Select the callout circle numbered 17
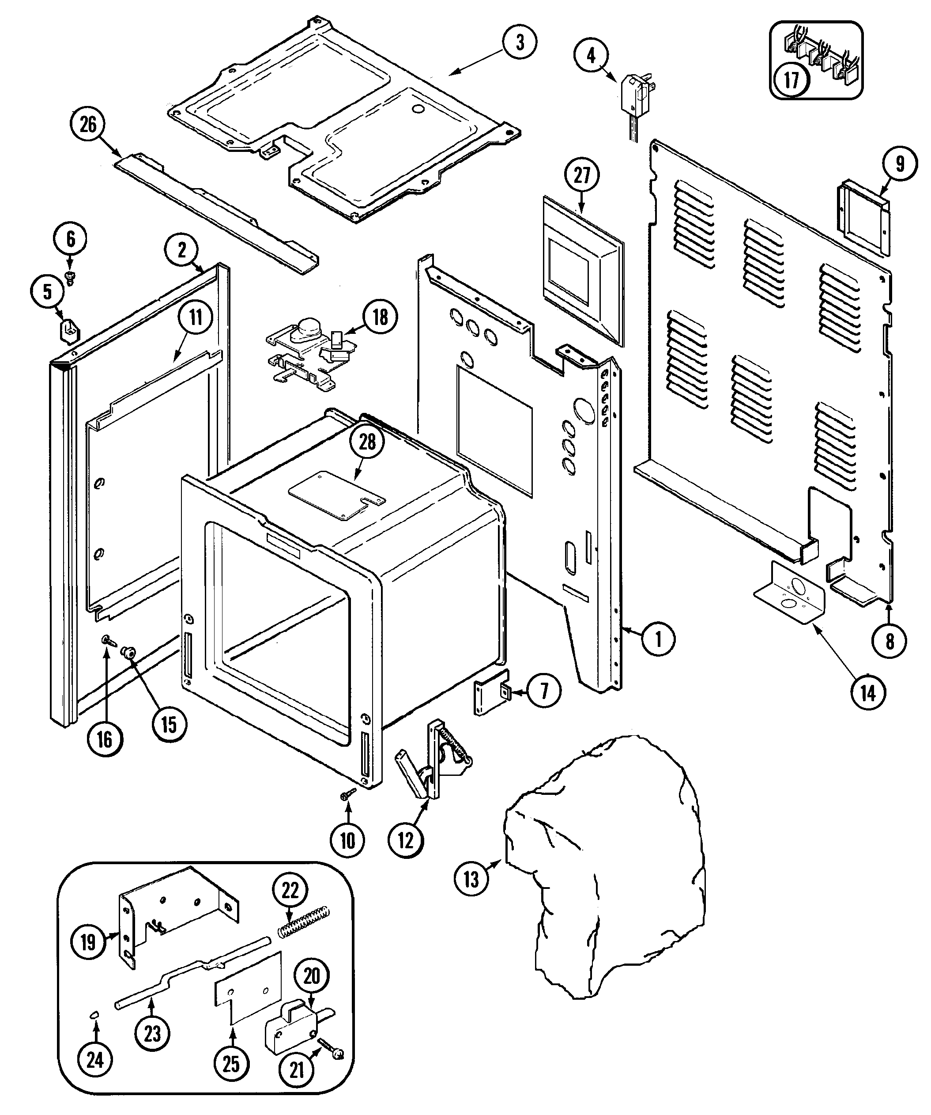pos(791,81)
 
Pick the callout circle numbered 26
pos(88,125)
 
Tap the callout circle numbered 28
pos(367,442)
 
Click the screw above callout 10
pos(348,808)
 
